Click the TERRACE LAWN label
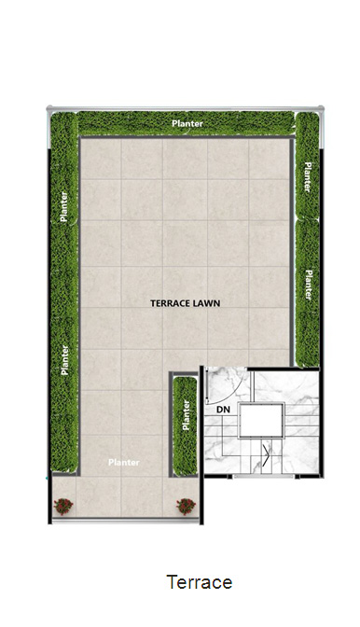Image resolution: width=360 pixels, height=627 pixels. coord(185,303)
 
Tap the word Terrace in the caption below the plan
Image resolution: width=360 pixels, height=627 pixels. coord(200,582)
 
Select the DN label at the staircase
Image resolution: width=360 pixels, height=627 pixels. coord(223,410)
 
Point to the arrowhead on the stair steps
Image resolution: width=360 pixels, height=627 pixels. coord(266,453)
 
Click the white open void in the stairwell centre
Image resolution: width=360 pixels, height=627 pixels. coord(261,420)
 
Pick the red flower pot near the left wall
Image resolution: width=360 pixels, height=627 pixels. coord(63,507)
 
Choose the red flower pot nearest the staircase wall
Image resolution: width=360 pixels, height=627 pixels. coord(186,507)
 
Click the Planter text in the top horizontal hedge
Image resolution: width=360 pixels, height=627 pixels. coord(187,123)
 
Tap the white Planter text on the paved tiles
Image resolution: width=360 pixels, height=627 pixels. coord(124,462)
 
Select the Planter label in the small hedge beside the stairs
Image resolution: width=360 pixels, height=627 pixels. coord(186,415)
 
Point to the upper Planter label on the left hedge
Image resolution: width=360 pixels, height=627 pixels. coord(63,207)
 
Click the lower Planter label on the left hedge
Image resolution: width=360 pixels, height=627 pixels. coord(64,359)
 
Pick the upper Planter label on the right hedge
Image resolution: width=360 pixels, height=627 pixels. coord(308,177)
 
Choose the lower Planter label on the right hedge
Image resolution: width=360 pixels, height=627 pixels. coord(309,285)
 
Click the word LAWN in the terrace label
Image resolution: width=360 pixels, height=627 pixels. coord(206,303)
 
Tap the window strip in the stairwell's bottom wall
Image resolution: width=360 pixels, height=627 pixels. coord(264,476)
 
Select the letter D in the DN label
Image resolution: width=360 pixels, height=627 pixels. coord(220,410)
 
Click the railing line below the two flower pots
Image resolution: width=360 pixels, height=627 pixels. coord(126,521)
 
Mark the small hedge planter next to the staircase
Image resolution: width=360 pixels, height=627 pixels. coord(186,425)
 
